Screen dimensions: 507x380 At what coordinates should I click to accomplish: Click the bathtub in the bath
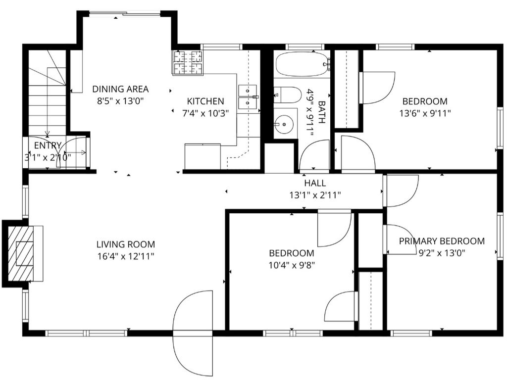click(303, 64)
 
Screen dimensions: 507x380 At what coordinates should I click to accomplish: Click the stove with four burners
click(188, 62)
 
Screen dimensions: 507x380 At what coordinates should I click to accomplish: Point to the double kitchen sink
click(248, 97)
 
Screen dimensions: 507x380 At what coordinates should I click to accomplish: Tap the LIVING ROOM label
click(126, 244)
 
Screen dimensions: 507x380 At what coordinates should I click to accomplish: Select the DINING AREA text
click(121, 89)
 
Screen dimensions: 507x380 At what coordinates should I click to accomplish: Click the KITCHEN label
click(205, 101)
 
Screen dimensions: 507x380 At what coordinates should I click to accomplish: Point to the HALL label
click(315, 183)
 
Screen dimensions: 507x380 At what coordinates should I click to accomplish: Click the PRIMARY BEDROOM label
click(442, 241)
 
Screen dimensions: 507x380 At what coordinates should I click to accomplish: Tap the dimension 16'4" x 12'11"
click(126, 256)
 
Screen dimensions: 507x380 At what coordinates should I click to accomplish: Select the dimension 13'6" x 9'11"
click(425, 113)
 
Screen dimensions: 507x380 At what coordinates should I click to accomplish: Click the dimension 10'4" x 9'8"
click(292, 265)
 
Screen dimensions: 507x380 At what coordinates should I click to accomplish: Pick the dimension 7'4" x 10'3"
click(205, 113)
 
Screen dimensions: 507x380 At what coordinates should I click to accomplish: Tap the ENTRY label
click(48, 145)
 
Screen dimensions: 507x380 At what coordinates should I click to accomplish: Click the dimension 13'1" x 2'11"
click(315, 195)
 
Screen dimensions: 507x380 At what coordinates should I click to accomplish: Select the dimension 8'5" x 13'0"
click(121, 101)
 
